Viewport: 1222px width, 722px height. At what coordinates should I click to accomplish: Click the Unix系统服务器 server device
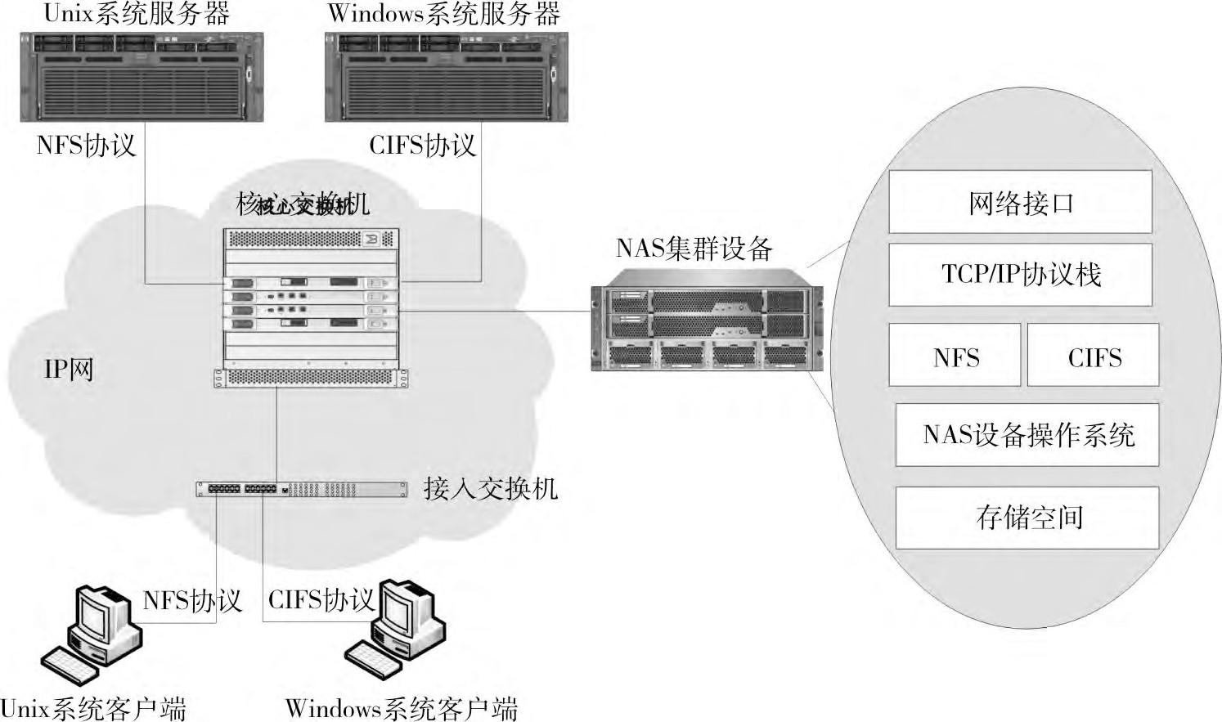pos(142,77)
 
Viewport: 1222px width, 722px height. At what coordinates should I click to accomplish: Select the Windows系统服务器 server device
pos(446,77)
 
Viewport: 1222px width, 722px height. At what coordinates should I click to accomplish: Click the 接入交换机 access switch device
pos(301,489)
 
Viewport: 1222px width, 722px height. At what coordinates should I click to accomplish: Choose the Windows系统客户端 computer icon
pos(396,630)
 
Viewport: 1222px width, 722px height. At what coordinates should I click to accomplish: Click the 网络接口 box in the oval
pos(1020,202)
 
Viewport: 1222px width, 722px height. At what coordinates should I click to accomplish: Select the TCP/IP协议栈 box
pos(1020,275)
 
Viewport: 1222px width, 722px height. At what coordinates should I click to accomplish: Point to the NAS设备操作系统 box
pos(1027,435)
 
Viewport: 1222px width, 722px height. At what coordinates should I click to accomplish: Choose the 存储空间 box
pos(1027,518)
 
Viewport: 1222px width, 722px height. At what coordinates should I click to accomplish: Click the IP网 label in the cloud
pos(69,370)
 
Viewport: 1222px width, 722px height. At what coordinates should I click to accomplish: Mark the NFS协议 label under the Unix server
pos(86,146)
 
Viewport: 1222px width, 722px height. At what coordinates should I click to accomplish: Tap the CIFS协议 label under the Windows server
pos(422,146)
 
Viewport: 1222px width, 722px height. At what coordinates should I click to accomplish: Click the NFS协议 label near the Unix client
pos(192,601)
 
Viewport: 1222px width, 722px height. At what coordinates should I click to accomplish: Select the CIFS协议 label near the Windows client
pos(321,601)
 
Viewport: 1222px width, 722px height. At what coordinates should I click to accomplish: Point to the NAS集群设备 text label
pos(694,248)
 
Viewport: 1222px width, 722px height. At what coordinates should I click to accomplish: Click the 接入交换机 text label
pos(491,489)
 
